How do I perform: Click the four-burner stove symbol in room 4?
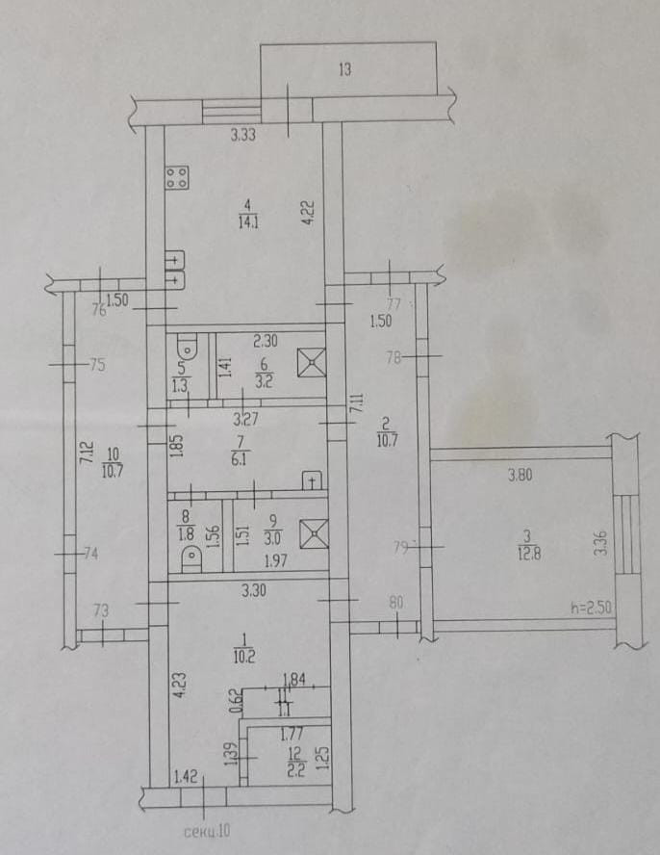[178, 176]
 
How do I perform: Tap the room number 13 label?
[344, 68]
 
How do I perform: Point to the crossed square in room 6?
[312, 362]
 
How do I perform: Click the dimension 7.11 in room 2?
[356, 404]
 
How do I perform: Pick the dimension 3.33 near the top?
[242, 137]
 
